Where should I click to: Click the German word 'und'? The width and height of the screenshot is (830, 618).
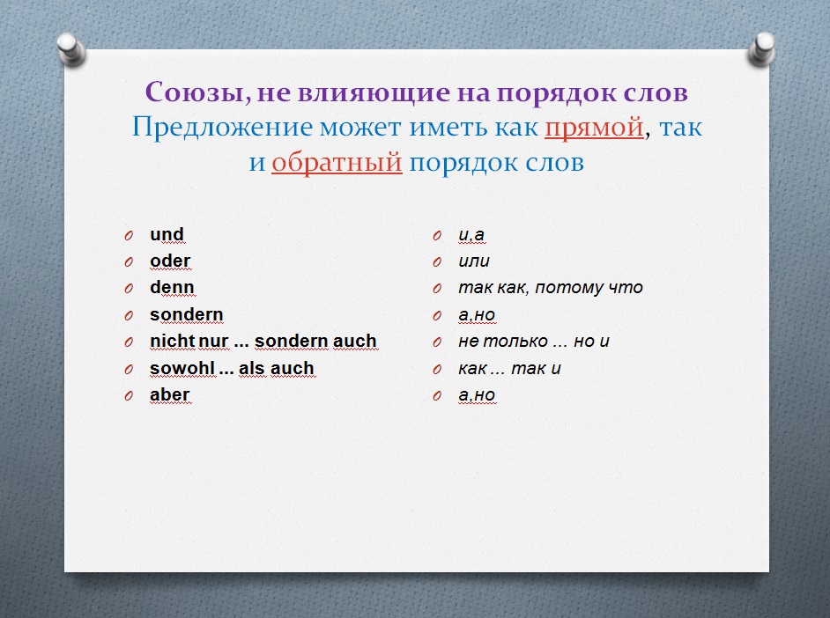pyautogui.click(x=167, y=234)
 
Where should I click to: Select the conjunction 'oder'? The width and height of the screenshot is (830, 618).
pyautogui.click(x=170, y=261)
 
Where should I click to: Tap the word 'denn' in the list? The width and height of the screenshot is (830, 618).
pyautogui.click(x=172, y=288)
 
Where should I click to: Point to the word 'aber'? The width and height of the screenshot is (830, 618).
pyautogui.click(x=169, y=395)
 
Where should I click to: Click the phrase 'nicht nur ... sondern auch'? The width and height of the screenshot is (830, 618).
pyautogui.click(x=263, y=341)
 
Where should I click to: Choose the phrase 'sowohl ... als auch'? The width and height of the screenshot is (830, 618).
pyautogui.click(x=232, y=368)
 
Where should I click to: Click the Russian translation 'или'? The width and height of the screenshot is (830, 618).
pyautogui.click(x=474, y=261)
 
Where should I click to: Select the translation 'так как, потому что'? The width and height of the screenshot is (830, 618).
pyautogui.click(x=551, y=288)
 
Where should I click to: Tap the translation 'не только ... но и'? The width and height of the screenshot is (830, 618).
pyautogui.click(x=534, y=342)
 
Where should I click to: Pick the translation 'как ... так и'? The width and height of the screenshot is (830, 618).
pyautogui.click(x=509, y=369)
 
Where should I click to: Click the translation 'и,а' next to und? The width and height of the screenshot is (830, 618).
pyautogui.click(x=471, y=235)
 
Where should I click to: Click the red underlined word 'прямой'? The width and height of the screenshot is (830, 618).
pyautogui.click(x=594, y=128)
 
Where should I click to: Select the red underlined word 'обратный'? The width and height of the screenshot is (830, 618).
pyautogui.click(x=337, y=162)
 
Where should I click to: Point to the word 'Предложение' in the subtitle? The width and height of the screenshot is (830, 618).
pyautogui.click(x=222, y=128)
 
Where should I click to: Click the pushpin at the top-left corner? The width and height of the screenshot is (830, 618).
pyautogui.click(x=71, y=49)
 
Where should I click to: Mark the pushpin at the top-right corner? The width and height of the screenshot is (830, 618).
pyautogui.click(x=762, y=49)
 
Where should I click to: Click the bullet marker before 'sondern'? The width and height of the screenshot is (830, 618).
pyautogui.click(x=129, y=316)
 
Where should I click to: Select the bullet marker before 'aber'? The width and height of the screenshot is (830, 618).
pyautogui.click(x=129, y=395)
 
